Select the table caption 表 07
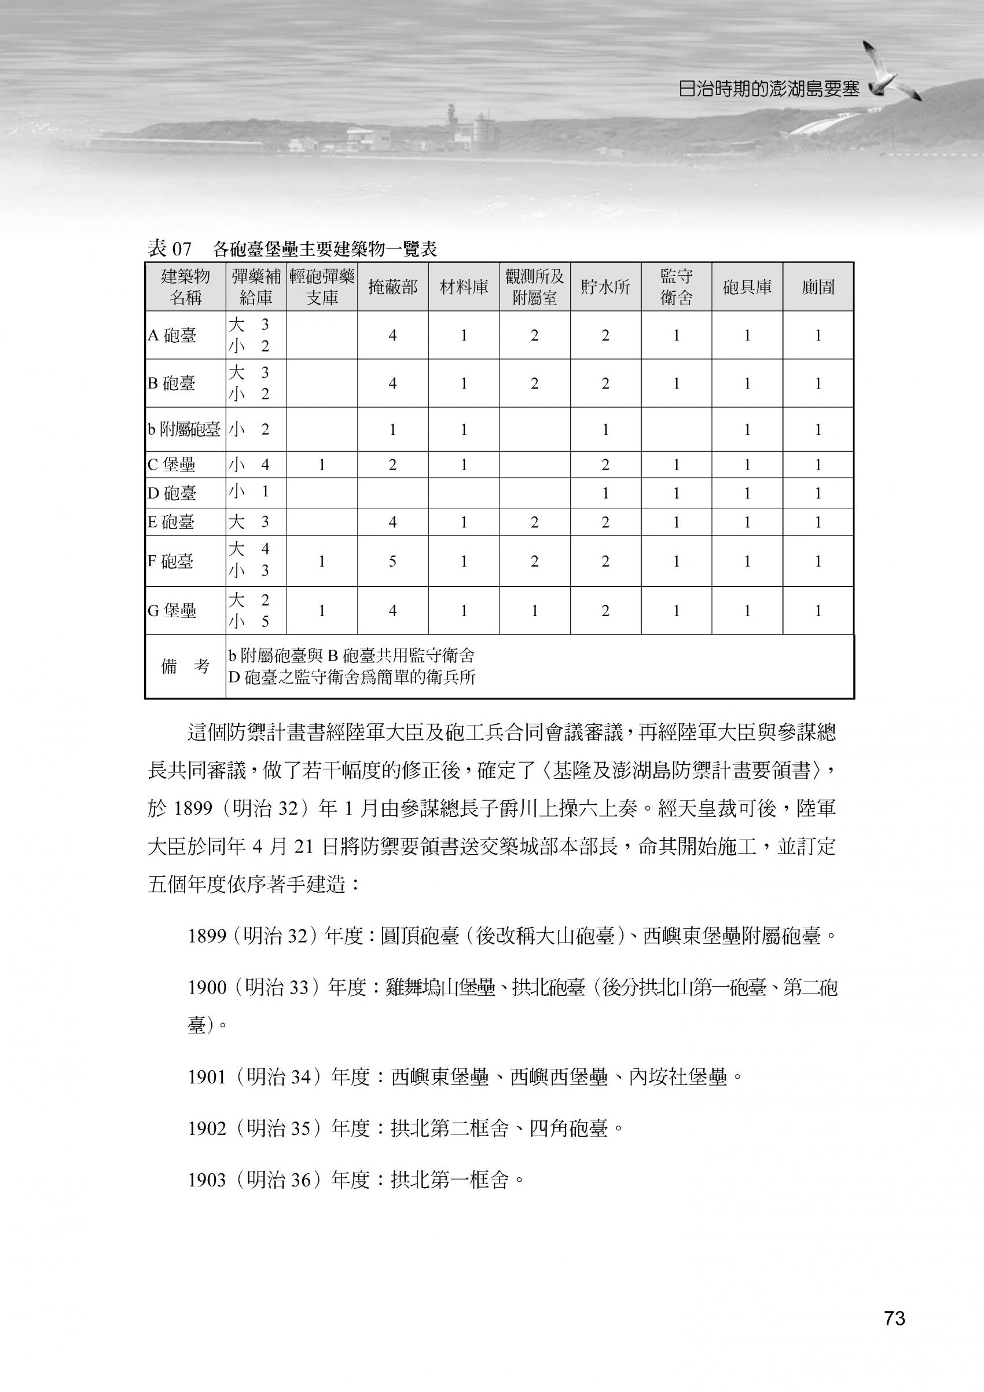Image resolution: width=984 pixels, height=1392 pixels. (x=169, y=249)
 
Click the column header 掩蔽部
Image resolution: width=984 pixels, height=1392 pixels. (x=392, y=287)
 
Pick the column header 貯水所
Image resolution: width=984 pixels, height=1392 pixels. (x=605, y=287)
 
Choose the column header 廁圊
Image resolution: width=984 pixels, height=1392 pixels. (x=818, y=287)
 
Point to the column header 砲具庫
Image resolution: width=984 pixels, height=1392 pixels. (x=747, y=287)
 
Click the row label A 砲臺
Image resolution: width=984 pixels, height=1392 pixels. (x=172, y=336)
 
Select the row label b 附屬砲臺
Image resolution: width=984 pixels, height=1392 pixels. (x=183, y=430)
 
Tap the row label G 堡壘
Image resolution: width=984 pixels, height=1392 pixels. (x=172, y=610)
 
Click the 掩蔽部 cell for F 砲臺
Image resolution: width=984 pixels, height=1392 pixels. (x=392, y=562)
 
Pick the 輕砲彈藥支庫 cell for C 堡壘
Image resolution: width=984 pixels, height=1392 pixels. (x=322, y=465)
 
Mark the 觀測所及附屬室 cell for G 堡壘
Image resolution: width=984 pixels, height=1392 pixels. (x=534, y=610)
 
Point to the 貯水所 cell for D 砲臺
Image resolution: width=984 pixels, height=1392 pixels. (x=605, y=493)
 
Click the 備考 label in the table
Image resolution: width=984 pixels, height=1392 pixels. (x=185, y=666)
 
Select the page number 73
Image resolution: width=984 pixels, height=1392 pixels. (x=894, y=1319)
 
